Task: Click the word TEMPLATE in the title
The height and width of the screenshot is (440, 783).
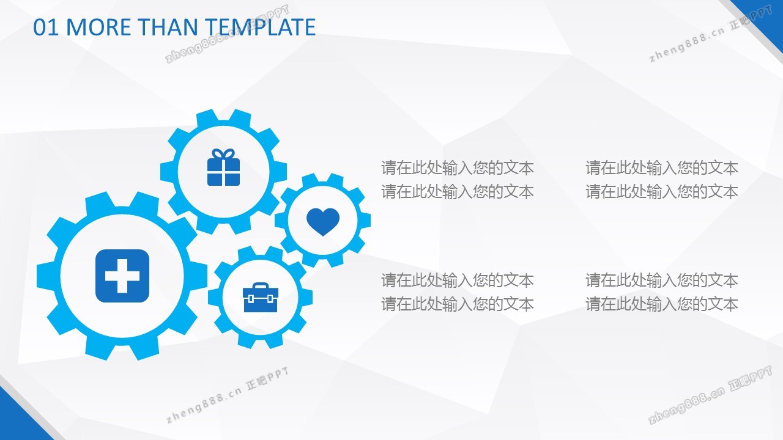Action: pos(260,28)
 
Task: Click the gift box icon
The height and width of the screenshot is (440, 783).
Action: pos(224,167)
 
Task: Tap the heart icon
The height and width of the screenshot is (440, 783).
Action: pos(323,222)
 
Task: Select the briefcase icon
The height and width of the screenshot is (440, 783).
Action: pos(261,298)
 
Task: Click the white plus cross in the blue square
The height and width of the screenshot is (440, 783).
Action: pos(122,276)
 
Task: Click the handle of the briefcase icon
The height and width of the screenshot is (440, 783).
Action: pos(261,286)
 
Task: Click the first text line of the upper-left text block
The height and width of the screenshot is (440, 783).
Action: pos(457,168)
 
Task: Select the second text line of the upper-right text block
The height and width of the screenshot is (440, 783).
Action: pos(662,192)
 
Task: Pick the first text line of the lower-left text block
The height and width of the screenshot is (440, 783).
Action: pos(457,280)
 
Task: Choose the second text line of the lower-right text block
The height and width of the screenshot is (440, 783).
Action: pos(662,304)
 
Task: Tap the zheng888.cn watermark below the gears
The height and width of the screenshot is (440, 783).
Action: pos(227,395)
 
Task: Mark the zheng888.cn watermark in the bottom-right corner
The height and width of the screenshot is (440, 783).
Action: pos(710,395)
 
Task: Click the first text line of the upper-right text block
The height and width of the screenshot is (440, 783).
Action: pos(662,168)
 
